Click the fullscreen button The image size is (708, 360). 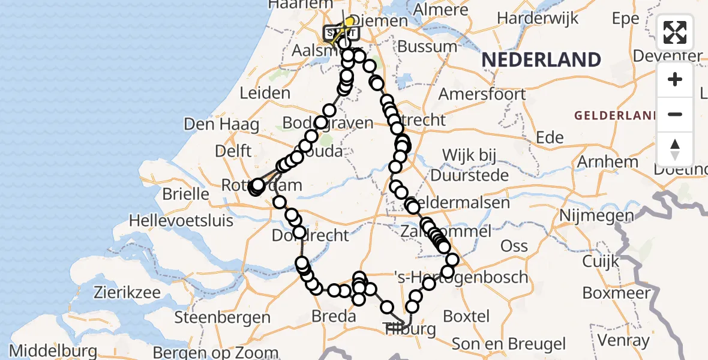(675, 32)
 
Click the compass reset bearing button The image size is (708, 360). (675, 149)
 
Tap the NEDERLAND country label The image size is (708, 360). (541, 60)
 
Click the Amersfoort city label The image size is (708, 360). (482, 94)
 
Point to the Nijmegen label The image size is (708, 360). (596, 215)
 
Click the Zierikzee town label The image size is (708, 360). (127, 293)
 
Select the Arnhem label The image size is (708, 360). (607, 162)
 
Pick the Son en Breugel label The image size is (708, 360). (509, 344)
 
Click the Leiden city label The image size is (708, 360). (265, 94)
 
